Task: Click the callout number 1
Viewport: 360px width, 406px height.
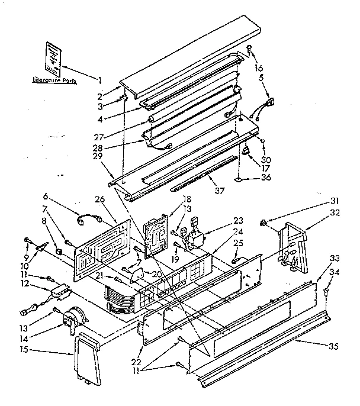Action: coord(100,79)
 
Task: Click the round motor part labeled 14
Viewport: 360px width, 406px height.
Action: coord(74,319)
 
